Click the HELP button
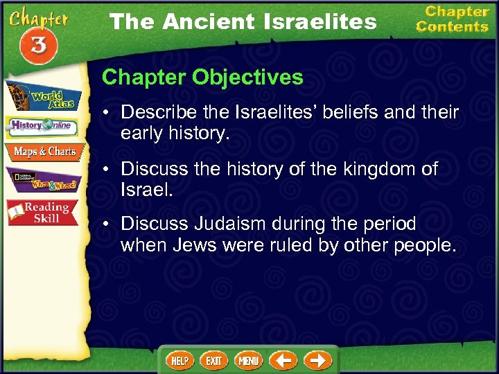(180, 361)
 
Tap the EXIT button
(214, 361)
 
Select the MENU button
(249, 361)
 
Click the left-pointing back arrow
(283, 361)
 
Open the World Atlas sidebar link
(44, 97)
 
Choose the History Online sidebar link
(44, 127)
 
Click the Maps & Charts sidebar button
(44, 152)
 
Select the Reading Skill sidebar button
(44, 213)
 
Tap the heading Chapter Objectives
(202, 77)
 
